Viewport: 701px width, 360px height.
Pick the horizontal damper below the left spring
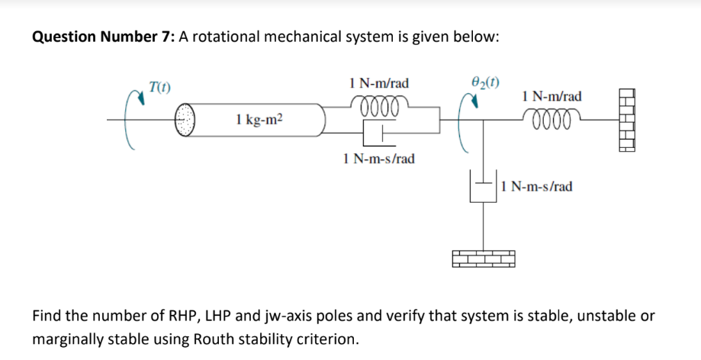coord(378,135)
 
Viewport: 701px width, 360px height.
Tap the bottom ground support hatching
coord(483,259)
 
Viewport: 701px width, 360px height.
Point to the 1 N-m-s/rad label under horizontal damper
coord(379,159)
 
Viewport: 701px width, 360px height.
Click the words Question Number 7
coord(102,38)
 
